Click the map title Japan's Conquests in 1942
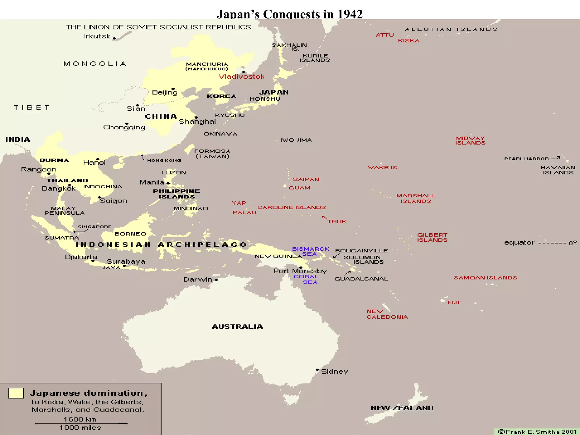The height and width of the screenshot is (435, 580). tap(289, 14)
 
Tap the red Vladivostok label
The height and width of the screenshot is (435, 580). tap(241, 76)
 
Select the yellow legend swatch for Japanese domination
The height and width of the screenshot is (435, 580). tap(16, 393)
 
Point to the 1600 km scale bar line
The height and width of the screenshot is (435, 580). tap(81, 423)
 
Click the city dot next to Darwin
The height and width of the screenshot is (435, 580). tap(216, 280)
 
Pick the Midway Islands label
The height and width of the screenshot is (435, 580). tap(470, 140)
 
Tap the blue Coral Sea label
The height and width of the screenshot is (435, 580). tap(306, 279)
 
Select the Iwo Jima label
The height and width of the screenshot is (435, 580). tap(296, 140)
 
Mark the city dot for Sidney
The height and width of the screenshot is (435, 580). tap(317, 370)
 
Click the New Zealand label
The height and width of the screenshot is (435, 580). tap(402, 408)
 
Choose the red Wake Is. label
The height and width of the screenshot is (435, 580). tap(383, 167)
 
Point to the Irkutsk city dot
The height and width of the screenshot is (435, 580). tap(114, 38)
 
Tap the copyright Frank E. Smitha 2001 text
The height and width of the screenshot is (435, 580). tap(537, 432)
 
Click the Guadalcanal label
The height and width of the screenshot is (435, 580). tap(361, 279)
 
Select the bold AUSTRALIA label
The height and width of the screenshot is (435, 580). tap(237, 327)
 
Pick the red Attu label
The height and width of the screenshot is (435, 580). tap(385, 35)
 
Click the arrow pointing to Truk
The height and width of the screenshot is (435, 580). tap(325, 218)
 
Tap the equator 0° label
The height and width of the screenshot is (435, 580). tap(540, 243)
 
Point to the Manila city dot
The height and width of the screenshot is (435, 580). tap(168, 183)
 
